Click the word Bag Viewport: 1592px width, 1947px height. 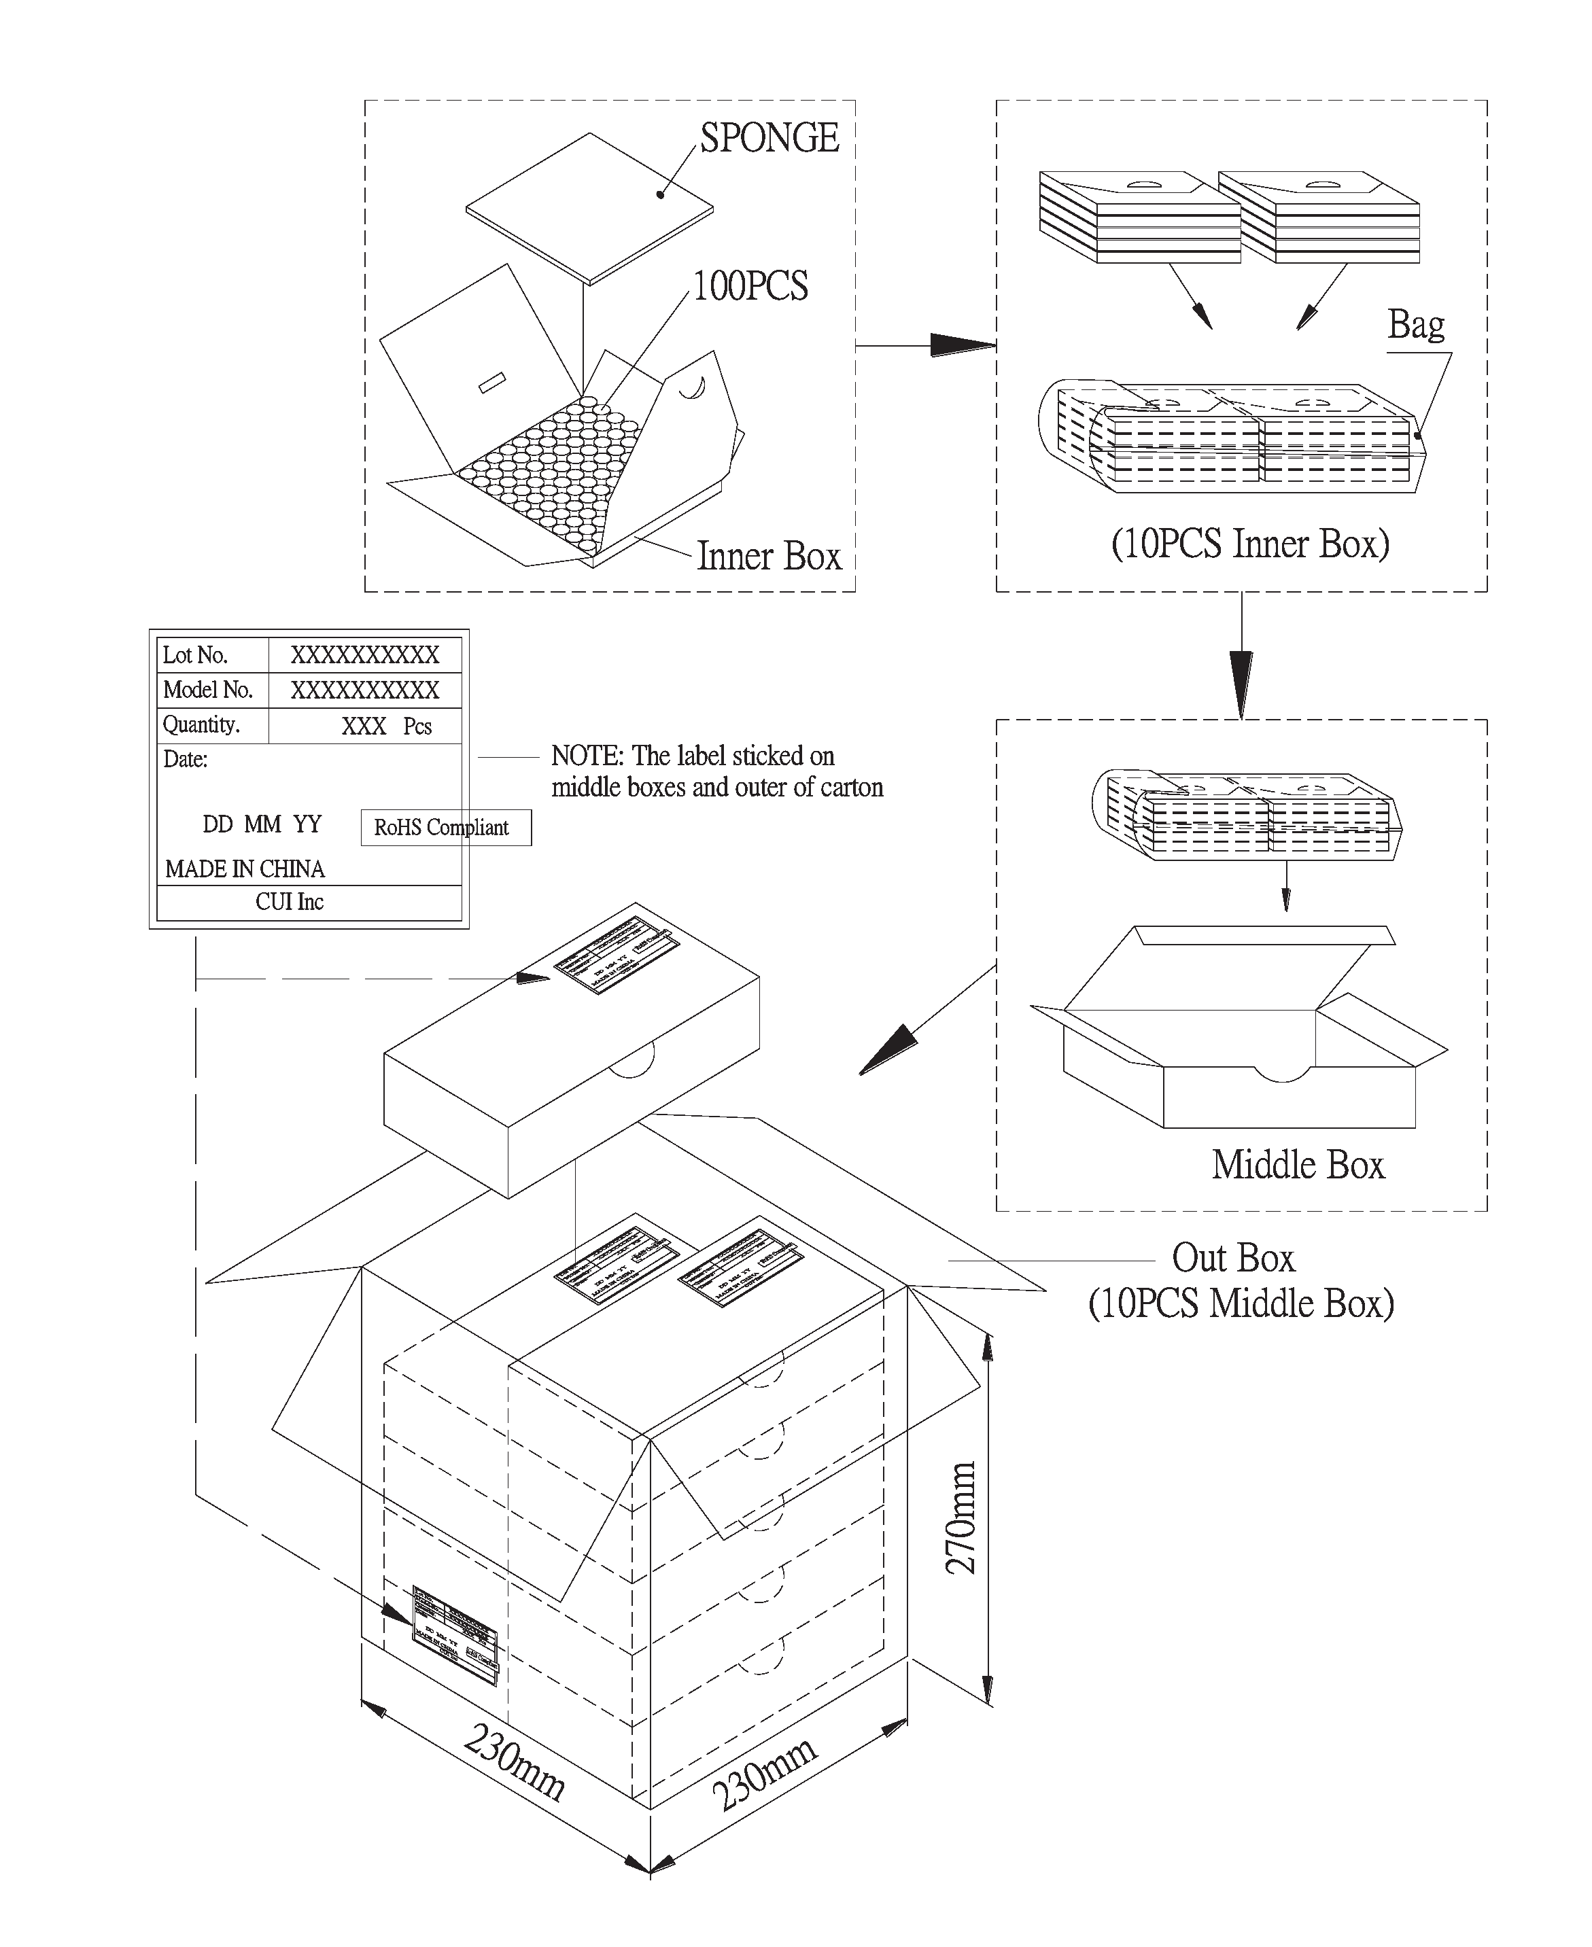pos(1415,325)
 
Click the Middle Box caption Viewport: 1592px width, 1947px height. pos(1297,1165)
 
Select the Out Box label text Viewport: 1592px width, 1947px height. pos(1232,1258)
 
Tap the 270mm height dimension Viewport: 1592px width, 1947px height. pos(961,1517)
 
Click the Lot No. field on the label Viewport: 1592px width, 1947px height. pos(195,655)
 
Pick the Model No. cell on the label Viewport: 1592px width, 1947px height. pos(207,689)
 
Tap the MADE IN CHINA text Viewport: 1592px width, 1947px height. pos(245,868)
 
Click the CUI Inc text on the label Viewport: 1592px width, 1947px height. pos(290,902)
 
